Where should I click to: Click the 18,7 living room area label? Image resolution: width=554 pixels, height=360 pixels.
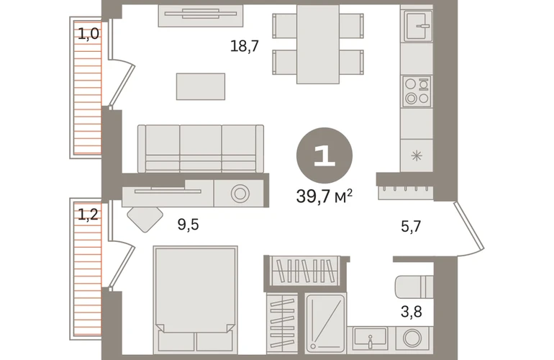tap(245, 46)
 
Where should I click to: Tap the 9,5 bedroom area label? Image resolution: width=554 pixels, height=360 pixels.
tap(188, 225)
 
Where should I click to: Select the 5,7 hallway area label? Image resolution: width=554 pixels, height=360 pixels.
tap(411, 226)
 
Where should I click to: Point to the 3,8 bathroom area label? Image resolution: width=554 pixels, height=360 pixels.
tap(412, 312)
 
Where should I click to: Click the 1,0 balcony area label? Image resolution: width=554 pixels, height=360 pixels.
tap(88, 35)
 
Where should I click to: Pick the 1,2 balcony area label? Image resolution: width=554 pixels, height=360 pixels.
tap(88, 215)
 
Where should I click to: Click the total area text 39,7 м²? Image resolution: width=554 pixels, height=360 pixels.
tap(324, 196)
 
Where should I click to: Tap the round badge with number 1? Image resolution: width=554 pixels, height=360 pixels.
tap(324, 156)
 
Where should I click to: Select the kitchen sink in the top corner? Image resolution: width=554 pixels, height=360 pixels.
tap(419, 26)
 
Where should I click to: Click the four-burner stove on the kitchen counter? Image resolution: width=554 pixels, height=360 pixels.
tap(417, 91)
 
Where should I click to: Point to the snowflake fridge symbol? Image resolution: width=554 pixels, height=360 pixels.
tap(417, 156)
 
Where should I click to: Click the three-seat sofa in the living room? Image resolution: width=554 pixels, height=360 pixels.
tap(201, 148)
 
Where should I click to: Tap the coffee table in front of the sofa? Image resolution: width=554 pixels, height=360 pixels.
tap(201, 86)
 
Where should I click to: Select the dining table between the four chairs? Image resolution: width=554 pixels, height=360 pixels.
tap(318, 44)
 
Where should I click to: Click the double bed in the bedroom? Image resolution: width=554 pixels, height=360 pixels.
tap(196, 300)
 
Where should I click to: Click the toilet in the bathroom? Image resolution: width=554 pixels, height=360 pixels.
tap(414, 287)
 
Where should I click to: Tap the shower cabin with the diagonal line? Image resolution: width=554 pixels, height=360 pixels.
tap(325, 323)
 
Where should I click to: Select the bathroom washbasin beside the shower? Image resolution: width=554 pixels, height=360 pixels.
tap(371, 339)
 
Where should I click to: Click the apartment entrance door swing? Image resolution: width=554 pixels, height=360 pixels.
tap(470, 230)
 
